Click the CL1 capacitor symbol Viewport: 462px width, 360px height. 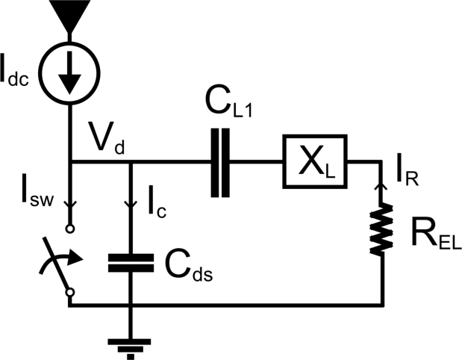pyautogui.click(x=218, y=162)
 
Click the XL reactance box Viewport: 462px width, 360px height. pyautogui.click(x=314, y=161)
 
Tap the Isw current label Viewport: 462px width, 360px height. pyautogui.click(x=31, y=197)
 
